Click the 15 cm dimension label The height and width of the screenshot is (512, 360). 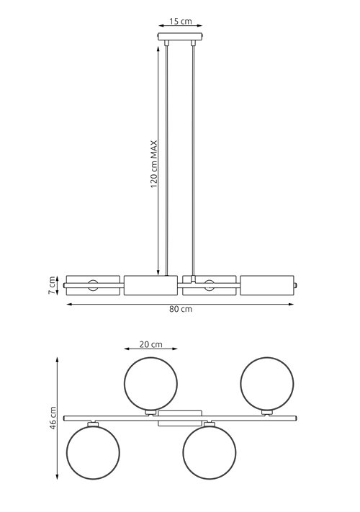[180, 22]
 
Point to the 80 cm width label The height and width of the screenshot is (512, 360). [180, 309]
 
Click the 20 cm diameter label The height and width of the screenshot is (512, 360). [150, 345]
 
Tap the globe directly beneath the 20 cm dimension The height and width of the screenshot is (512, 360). [150, 382]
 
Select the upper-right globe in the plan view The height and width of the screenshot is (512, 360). [266, 382]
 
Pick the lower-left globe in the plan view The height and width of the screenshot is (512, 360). [91, 452]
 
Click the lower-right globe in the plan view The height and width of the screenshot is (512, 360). [208, 452]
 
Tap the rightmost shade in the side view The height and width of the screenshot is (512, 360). [266, 285]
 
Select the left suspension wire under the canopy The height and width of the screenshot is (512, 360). [167, 158]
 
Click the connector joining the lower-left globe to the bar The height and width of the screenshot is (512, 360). [91, 423]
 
